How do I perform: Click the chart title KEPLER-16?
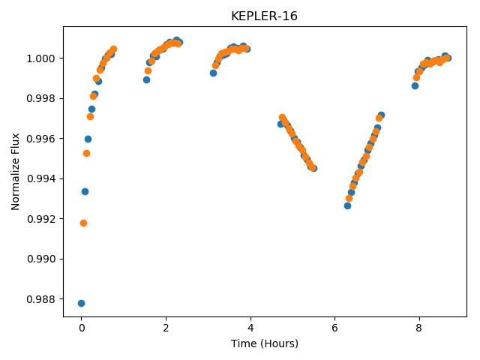tap(264, 16)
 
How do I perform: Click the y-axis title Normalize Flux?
tap(15, 172)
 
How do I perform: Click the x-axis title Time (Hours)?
tap(265, 343)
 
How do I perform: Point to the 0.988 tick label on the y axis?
tap(41, 299)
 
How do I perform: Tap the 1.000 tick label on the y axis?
tap(41, 58)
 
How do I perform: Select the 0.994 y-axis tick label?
tap(41, 178)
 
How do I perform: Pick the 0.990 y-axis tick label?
tap(41, 259)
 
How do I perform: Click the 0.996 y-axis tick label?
tap(41, 139)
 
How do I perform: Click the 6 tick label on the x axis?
tap(334, 328)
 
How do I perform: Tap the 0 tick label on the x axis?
tap(82, 328)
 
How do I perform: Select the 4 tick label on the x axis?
tap(250, 328)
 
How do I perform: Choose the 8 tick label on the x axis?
tap(418, 328)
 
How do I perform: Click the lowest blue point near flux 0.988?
tap(81, 303)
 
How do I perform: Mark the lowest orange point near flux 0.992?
tap(83, 223)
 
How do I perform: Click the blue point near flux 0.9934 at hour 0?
tap(85, 192)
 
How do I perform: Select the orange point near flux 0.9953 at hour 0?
tap(87, 153)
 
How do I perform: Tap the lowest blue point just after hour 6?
tap(347, 206)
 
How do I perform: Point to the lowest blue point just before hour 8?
tap(415, 86)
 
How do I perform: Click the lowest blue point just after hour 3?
tap(213, 73)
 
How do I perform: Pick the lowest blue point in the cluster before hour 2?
tap(147, 80)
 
